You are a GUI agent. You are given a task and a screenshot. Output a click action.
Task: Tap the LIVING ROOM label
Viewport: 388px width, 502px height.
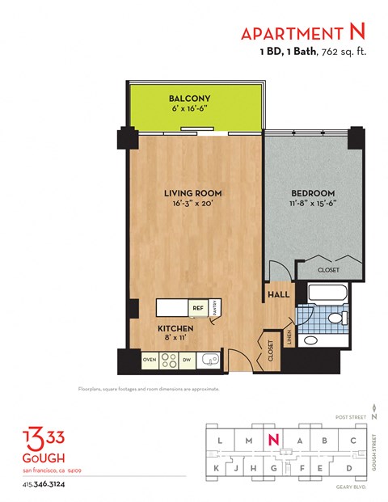point(192,193)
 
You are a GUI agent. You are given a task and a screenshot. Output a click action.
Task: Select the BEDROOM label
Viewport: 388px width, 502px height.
point(312,192)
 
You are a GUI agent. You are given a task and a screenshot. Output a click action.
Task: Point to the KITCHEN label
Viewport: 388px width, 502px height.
point(174,329)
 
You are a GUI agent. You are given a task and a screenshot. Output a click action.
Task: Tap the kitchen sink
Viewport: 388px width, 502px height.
point(210,360)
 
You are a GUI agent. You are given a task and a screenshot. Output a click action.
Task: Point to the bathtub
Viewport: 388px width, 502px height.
point(318,292)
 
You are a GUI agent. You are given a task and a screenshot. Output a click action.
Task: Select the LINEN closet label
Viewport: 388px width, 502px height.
point(289,336)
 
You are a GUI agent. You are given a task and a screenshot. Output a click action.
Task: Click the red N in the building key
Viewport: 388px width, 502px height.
point(274,440)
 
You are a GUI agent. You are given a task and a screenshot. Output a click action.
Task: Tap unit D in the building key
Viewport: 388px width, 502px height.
point(348,469)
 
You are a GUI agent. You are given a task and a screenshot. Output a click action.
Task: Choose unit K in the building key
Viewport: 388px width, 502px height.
point(216,469)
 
